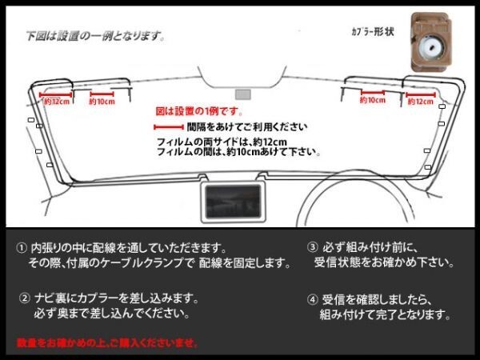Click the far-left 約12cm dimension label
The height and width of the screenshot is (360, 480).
coord(56,102)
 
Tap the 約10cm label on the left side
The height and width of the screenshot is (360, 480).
coord(102,102)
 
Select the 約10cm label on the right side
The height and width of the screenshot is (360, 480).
coord(372,102)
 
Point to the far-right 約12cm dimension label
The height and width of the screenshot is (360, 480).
coord(421,102)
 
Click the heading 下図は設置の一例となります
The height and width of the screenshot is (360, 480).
coord(95,36)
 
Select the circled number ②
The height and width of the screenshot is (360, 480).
coord(26,298)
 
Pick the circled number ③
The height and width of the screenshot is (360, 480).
coord(312,247)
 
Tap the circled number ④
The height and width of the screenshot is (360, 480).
coord(312,301)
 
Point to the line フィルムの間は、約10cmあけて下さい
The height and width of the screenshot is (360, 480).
coord(238,151)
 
